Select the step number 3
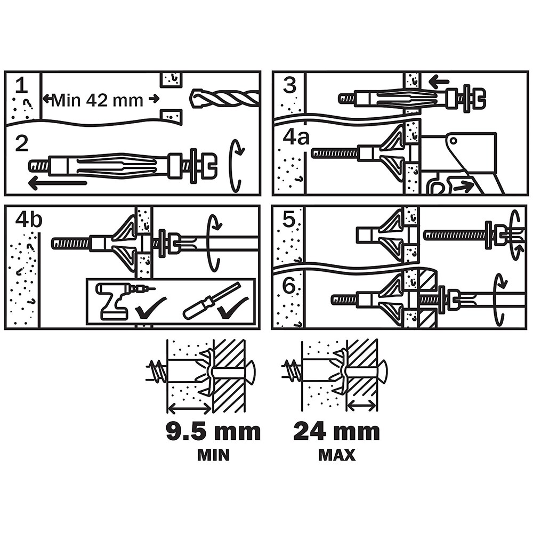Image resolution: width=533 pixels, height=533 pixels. tap(289, 85)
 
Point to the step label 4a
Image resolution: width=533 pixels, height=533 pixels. tap(296, 137)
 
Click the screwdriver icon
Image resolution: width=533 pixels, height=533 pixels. tap(208, 302)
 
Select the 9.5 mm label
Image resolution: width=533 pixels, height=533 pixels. tap(213, 431)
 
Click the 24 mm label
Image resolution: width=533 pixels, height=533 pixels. tap(336, 431)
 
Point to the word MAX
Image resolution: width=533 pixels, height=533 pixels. tap(337, 456)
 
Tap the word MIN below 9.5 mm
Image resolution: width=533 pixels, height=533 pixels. tap(213, 456)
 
